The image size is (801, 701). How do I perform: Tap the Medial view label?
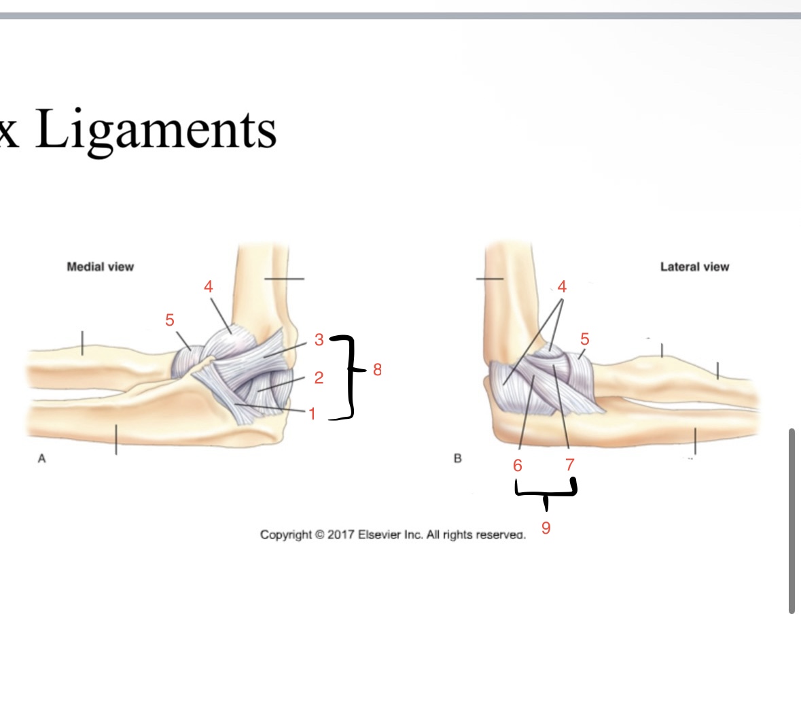coord(101,267)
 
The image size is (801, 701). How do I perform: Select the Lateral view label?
coord(694,267)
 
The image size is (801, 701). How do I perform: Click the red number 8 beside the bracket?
coord(378,370)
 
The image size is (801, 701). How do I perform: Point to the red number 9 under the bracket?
coord(546,528)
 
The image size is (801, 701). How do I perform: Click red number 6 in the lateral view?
coord(518,466)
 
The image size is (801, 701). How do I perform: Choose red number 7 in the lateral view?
coord(570,466)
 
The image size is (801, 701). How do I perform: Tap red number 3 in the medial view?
coord(319,340)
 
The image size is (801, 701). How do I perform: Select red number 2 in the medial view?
coord(319,377)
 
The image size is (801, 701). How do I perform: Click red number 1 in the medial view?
coord(313,413)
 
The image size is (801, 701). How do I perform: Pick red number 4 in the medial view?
coord(209,287)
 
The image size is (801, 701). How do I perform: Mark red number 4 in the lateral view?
coord(562,287)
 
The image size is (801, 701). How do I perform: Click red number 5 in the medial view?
coord(170,320)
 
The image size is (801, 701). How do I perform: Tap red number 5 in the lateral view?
coord(585,339)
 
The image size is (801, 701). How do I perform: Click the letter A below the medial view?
coord(42,459)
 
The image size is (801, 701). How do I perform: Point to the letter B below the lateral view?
coord(457,459)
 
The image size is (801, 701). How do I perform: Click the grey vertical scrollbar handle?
coord(791,521)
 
